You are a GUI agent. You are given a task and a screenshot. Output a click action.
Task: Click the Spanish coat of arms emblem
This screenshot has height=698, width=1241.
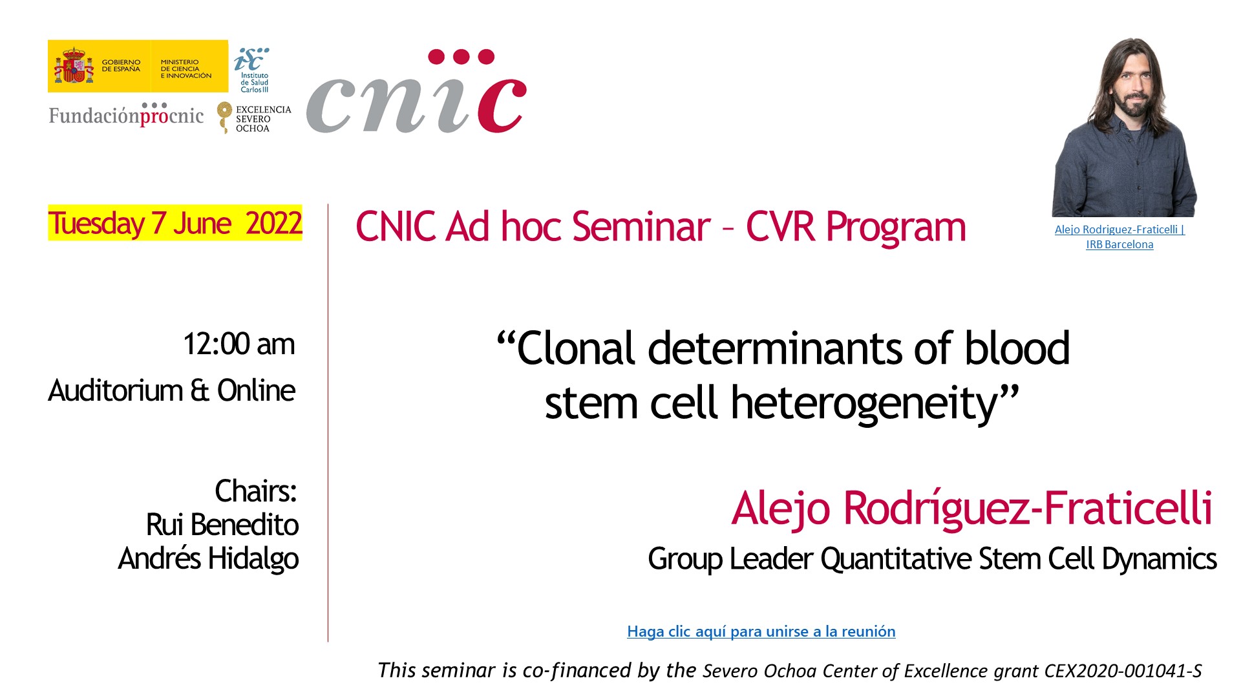(x=74, y=65)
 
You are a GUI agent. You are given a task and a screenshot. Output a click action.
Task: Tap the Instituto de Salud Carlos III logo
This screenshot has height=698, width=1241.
(x=252, y=70)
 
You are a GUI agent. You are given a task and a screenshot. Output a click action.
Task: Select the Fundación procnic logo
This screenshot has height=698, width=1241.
(x=127, y=114)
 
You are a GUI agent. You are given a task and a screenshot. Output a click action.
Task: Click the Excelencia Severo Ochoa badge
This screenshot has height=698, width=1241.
(x=254, y=118)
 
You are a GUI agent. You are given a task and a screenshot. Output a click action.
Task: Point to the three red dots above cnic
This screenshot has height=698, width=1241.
(x=461, y=57)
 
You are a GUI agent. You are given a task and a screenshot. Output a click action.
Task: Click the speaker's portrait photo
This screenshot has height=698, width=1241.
(x=1124, y=127)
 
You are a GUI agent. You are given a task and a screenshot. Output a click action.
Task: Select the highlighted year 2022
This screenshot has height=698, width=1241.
(x=273, y=223)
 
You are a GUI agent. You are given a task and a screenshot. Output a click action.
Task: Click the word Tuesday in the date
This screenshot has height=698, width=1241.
(x=96, y=224)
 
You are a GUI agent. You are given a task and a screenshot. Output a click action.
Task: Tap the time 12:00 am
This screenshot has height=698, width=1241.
(x=239, y=344)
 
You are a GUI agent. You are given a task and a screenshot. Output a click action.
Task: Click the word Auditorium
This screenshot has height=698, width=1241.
(x=116, y=390)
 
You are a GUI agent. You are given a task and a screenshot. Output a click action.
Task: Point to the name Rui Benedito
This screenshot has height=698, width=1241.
(x=222, y=524)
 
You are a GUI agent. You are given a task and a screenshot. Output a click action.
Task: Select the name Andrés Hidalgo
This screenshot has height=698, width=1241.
(x=208, y=558)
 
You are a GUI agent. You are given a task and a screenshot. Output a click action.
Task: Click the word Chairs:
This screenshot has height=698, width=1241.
(x=256, y=491)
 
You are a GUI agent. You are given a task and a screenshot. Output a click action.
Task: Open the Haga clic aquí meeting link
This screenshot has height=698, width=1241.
(x=761, y=631)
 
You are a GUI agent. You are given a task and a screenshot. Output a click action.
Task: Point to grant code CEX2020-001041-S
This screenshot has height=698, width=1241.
(x=1123, y=671)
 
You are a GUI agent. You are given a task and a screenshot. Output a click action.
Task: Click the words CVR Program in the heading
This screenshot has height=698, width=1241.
(x=856, y=227)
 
